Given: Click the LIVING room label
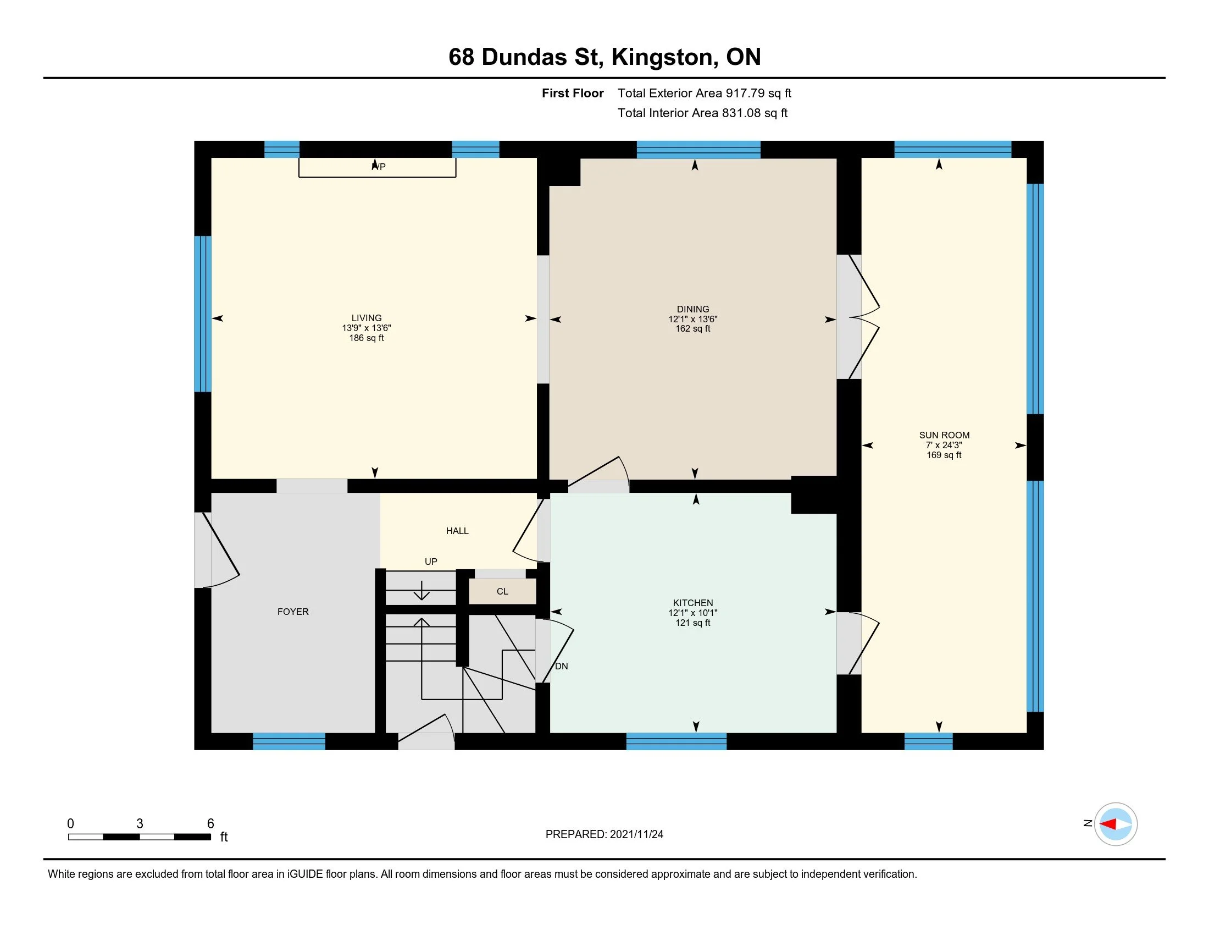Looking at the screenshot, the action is point(367,318).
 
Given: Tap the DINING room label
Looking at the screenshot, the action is point(692,309).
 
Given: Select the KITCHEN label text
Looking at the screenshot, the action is point(692,603).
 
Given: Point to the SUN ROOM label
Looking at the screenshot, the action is point(944,436).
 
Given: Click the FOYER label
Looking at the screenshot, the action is point(293,612).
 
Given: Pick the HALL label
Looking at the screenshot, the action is point(457,531).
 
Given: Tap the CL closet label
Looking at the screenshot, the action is point(502,592).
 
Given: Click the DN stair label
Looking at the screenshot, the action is point(561,667).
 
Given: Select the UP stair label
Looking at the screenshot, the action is point(431,562).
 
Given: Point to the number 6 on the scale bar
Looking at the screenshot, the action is point(210,824).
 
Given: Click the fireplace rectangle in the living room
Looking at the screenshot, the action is point(378,168).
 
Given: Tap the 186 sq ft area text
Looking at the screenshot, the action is point(367,338).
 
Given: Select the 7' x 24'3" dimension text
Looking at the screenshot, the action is point(944,446).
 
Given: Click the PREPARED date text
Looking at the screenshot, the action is point(604,834).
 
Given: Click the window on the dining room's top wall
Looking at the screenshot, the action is point(698,150).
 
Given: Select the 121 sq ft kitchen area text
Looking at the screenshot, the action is point(692,623).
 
